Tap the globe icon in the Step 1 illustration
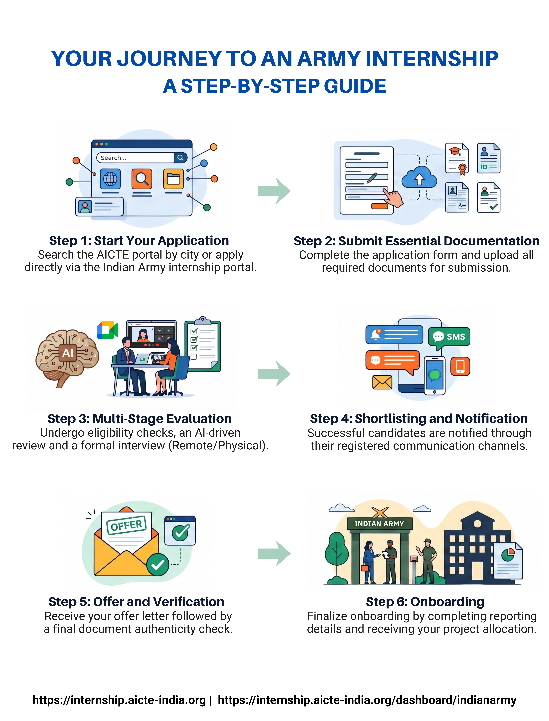[110, 179]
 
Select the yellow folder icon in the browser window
[174, 179]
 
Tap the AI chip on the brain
[68, 353]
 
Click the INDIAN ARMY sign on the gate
[379, 523]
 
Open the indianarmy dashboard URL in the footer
[367, 700]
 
